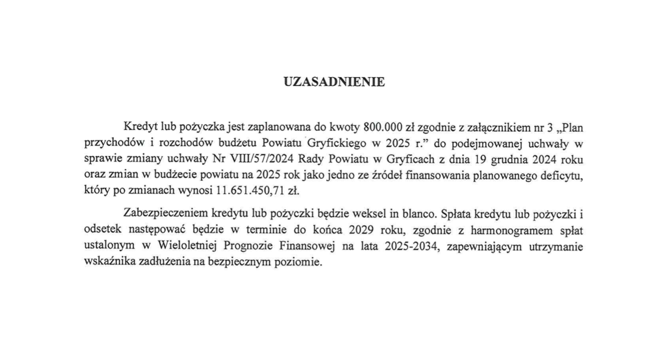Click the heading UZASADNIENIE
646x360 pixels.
(334, 82)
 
